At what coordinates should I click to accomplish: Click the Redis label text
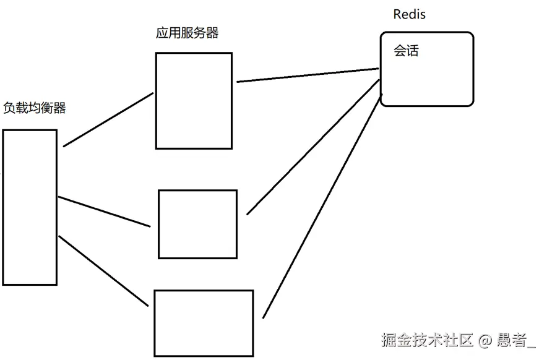pos(409,14)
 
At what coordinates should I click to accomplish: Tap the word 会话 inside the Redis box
pos(406,51)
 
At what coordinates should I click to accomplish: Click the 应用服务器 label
pos(187,33)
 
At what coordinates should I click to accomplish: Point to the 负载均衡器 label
pos(35,108)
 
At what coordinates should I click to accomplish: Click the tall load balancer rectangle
pos(30,207)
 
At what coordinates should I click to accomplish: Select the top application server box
pos(194,101)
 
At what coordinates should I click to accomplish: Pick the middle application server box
pos(197,224)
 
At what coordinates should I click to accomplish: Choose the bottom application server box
pos(204,323)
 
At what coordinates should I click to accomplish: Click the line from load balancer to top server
pos(108,119)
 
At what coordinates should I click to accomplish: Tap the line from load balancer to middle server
pos(104,212)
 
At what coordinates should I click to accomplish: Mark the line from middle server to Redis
pos(312,147)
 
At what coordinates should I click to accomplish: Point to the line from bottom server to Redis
pos(322,207)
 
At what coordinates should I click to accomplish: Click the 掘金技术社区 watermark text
pos(427,340)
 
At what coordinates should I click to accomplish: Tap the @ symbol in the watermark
pos(486,340)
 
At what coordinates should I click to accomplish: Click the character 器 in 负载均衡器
pos(59,108)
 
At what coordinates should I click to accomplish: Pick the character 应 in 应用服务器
pos(163,33)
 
